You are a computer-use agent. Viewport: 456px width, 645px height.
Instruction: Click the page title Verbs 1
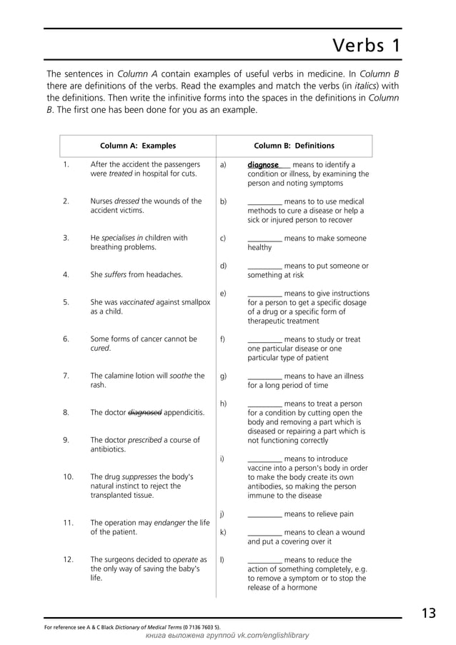(367, 46)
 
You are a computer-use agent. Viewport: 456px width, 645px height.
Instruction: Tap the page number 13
(428, 613)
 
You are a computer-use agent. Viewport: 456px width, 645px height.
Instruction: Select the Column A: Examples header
(137, 146)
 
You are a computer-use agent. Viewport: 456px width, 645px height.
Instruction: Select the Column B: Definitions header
(294, 146)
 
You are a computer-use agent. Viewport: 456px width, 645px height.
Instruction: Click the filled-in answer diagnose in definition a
(263, 165)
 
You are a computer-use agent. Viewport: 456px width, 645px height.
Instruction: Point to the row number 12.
(68, 560)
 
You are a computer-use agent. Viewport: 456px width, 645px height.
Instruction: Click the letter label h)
(223, 404)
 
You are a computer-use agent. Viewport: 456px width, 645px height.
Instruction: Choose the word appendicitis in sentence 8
(184, 412)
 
